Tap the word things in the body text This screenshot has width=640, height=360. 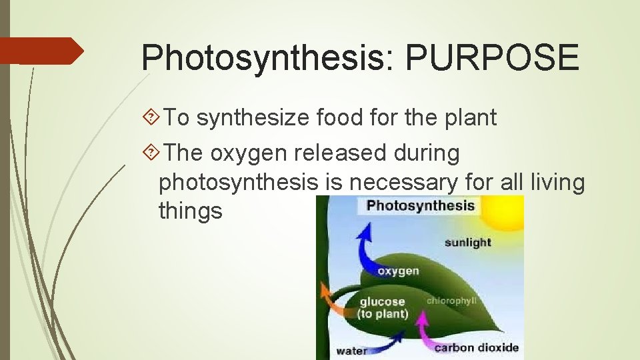(190, 211)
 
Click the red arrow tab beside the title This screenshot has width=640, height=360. (40, 51)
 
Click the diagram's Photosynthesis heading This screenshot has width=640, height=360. (420, 205)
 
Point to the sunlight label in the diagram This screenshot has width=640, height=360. (467, 242)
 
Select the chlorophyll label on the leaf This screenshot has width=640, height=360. (451, 301)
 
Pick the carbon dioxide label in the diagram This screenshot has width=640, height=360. (476, 347)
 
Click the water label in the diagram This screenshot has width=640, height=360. (351, 351)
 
